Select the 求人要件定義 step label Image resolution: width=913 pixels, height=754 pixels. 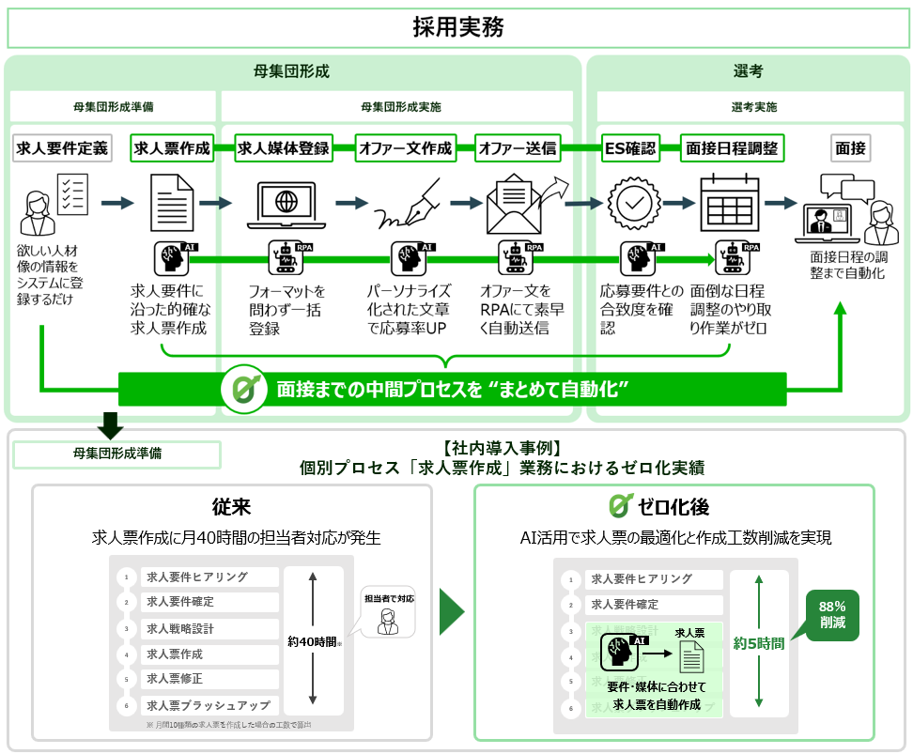pos(61,147)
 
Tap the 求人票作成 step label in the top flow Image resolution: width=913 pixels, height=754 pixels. pos(171,147)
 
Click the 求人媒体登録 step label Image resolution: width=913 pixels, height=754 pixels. pos(283,147)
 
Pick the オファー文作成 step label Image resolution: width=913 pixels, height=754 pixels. pos(405,147)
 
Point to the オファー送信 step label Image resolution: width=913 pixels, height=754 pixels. pos(517,147)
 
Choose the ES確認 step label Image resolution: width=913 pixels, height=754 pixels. pos(630,147)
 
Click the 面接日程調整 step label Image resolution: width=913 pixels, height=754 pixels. pos(732,147)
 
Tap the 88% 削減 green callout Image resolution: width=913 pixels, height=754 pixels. pos(831,615)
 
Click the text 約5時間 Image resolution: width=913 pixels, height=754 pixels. pos(758,643)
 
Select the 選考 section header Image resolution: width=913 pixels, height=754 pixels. pos(748,71)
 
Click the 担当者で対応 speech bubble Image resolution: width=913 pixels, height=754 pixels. pos(388,613)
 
